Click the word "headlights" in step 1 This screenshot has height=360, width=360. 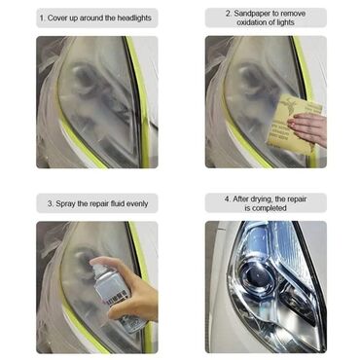click(134, 18)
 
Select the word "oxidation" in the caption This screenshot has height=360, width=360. click(252, 22)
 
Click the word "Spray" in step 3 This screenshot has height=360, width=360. click(65, 204)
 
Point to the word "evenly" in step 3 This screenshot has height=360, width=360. click(137, 204)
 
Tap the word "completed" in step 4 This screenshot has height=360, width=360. click(270, 208)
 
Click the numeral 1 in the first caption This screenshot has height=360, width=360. click(42, 18)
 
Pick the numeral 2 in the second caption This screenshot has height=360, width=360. click(229, 14)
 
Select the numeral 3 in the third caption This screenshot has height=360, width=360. click(51, 204)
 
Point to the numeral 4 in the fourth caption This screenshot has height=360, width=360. click(228, 198)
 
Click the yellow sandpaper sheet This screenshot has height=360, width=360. click(291, 122)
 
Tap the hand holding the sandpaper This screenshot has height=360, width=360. click(308, 127)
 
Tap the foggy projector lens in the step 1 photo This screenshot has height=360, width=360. click(85, 78)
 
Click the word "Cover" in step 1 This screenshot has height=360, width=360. click(57, 18)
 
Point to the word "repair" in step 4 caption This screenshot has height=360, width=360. click(296, 198)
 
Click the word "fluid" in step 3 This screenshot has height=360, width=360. click(116, 204)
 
